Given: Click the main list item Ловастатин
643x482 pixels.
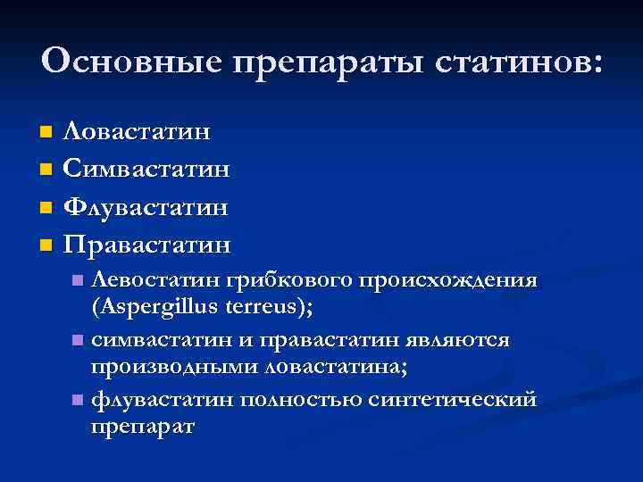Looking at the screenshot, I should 138,133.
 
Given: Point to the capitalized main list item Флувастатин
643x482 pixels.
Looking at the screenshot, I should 147,206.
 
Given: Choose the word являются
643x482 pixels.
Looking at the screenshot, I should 460,340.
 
